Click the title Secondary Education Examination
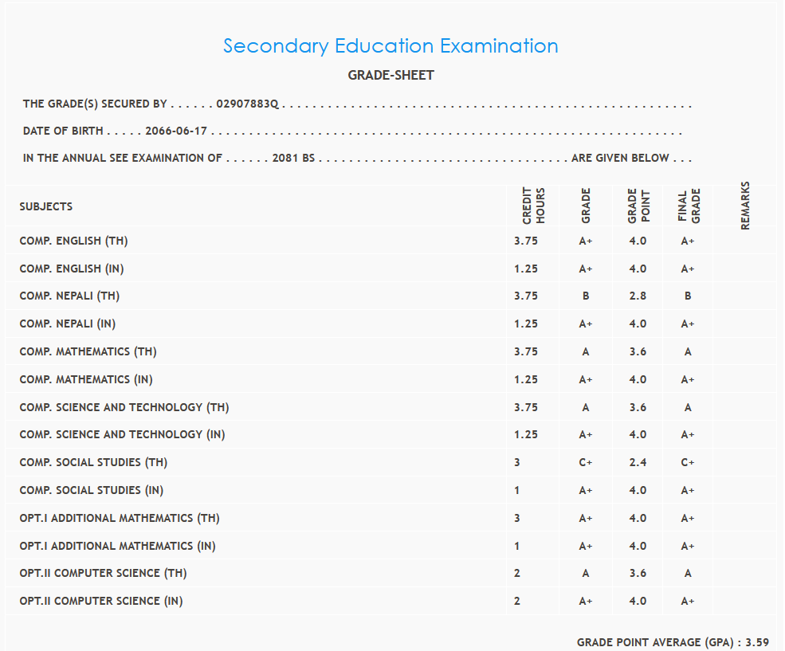click(x=391, y=46)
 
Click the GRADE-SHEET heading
click(x=391, y=76)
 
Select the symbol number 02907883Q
click(x=248, y=104)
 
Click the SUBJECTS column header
click(x=46, y=206)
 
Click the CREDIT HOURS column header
click(x=533, y=206)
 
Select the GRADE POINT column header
click(x=638, y=206)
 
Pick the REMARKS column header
click(x=745, y=206)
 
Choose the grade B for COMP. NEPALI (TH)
click(x=586, y=296)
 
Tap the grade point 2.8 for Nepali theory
click(x=638, y=296)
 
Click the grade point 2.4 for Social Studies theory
click(x=638, y=462)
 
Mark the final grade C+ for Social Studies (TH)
click(x=688, y=462)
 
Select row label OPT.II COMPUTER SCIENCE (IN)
click(x=101, y=601)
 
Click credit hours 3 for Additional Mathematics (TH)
click(x=517, y=518)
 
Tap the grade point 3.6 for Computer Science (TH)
click(x=638, y=573)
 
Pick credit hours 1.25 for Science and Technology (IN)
click(x=526, y=434)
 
